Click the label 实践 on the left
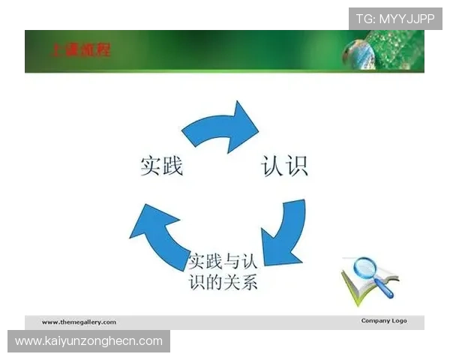(161, 166)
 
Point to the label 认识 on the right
(284, 166)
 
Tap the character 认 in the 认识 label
(272, 166)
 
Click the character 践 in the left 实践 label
(172, 166)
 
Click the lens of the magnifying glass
(366, 268)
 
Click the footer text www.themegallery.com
(79, 322)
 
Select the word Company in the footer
(374, 321)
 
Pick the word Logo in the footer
(399, 321)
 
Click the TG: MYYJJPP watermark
(395, 18)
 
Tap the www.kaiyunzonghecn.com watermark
(89, 341)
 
